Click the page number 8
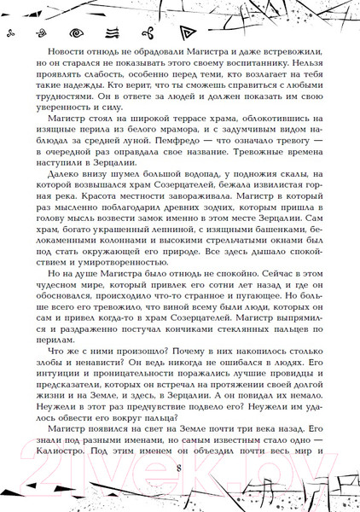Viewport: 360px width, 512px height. [x=178, y=469]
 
